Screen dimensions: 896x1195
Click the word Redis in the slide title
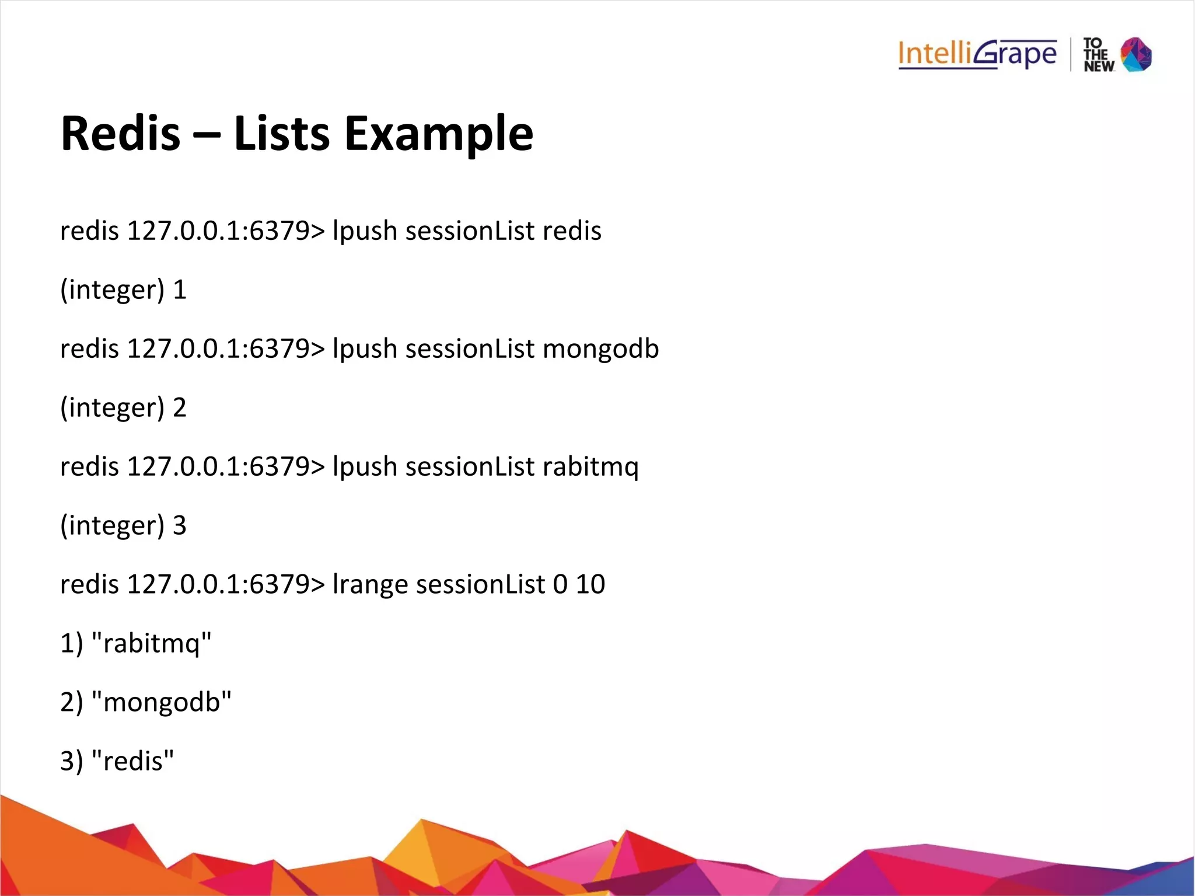120,134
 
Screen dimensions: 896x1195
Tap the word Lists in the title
282,134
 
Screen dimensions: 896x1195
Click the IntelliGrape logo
977,54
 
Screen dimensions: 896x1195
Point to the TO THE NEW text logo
1098,55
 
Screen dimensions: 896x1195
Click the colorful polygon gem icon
1136,54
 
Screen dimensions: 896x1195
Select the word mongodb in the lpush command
600,349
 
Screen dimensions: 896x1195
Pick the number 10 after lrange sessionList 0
590,584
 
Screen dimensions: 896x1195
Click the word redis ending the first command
572,231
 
